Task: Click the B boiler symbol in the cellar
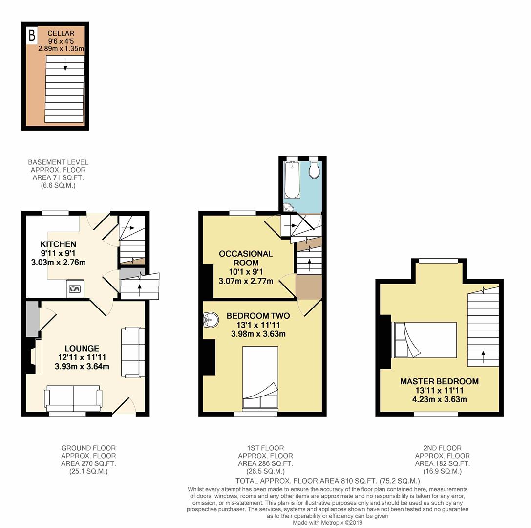(32, 35)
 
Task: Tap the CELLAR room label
(61, 33)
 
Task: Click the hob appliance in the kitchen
(75, 289)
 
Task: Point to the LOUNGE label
(82, 349)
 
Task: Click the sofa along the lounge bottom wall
(73, 398)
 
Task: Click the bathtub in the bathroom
(292, 180)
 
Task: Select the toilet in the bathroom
(314, 170)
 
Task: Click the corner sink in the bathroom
(288, 207)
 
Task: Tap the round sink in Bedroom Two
(209, 319)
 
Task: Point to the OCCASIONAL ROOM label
(246, 258)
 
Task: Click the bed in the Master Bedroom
(424, 340)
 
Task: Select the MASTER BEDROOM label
(440, 381)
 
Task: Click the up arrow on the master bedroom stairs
(483, 357)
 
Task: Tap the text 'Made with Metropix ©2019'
(327, 523)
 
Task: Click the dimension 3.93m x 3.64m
(82, 366)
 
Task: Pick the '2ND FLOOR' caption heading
(442, 448)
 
